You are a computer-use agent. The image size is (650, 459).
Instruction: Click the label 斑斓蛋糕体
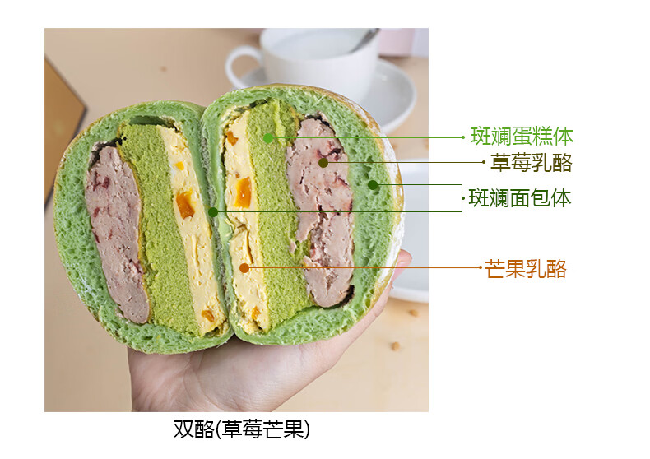[522, 137]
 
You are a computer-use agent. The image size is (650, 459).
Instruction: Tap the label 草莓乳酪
[531, 163]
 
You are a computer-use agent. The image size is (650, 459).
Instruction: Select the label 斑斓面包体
[520, 197]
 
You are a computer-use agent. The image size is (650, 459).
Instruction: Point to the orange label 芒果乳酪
[526, 268]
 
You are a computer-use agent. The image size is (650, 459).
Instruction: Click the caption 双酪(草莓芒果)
[242, 429]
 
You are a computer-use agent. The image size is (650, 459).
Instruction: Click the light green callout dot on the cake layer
[268, 137]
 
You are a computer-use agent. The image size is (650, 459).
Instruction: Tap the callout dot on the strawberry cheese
[323, 163]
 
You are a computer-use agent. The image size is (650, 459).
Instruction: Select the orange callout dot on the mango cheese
[244, 267]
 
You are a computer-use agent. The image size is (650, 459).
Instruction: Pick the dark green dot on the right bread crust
[373, 185]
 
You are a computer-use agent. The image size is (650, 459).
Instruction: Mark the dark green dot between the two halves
[213, 211]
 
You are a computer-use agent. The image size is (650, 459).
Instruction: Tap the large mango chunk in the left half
[185, 205]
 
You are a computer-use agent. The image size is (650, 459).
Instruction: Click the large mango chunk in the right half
[242, 192]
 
